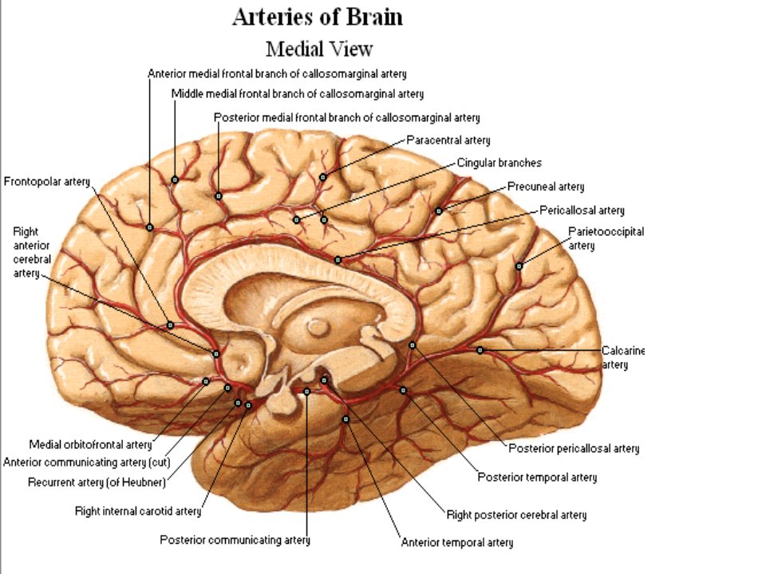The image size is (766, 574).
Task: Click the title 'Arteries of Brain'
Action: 318,17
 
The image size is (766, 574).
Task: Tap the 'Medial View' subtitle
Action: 319,49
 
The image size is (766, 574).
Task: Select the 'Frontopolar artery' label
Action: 47,182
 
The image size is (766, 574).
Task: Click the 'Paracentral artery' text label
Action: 448,140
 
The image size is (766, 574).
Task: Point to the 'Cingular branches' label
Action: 499,163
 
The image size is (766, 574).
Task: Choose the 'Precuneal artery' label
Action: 546,187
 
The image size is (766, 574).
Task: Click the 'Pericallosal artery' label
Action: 582,210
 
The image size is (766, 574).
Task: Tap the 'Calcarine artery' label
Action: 623,358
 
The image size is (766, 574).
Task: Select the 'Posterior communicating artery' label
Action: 235,541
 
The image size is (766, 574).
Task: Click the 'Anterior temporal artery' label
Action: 457,543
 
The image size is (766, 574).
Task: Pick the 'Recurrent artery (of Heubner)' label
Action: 97,483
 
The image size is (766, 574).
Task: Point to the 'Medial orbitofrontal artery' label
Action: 91,445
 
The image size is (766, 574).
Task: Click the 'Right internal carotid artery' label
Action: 138,512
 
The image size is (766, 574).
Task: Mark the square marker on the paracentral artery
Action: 322,177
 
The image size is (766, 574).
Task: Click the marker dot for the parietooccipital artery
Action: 519,266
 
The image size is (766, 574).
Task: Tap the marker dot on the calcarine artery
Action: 480,350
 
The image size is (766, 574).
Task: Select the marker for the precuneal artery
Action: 439,210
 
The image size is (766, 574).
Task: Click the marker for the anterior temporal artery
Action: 345,419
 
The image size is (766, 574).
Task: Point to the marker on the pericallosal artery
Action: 338,260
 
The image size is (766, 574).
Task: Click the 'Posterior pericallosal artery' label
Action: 574,449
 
